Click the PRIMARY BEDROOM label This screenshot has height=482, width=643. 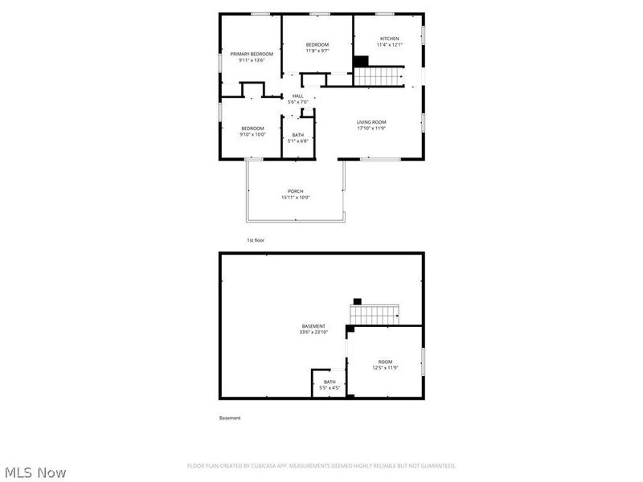(x=252, y=54)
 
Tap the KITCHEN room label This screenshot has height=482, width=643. (x=389, y=39)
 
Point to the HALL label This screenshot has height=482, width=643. (x=297, y=96)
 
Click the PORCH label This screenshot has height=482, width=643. (x=296, y=191)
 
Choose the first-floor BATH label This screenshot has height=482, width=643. (x=297, y=135)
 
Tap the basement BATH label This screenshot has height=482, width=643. (x=330, y=382)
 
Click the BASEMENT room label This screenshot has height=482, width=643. (x=313, y=325)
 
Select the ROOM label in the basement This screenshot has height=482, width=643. (x=386, y=362)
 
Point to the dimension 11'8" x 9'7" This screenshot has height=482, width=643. (x=317, y=51)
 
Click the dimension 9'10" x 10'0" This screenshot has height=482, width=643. (x=252, y=135)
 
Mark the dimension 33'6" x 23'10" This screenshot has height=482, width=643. (x=313, y=332)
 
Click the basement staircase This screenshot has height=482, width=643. (x=375, y=314)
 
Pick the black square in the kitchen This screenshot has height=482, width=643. (x=361, y=62)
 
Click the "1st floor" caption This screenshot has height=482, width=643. (x=255, y=240)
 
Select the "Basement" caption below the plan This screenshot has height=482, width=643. (x=230, y=418)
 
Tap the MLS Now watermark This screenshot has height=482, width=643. (x=35, y=472)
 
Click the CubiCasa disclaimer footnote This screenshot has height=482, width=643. (x=321, y=466)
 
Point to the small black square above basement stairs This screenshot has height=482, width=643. (x=357, y=301)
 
